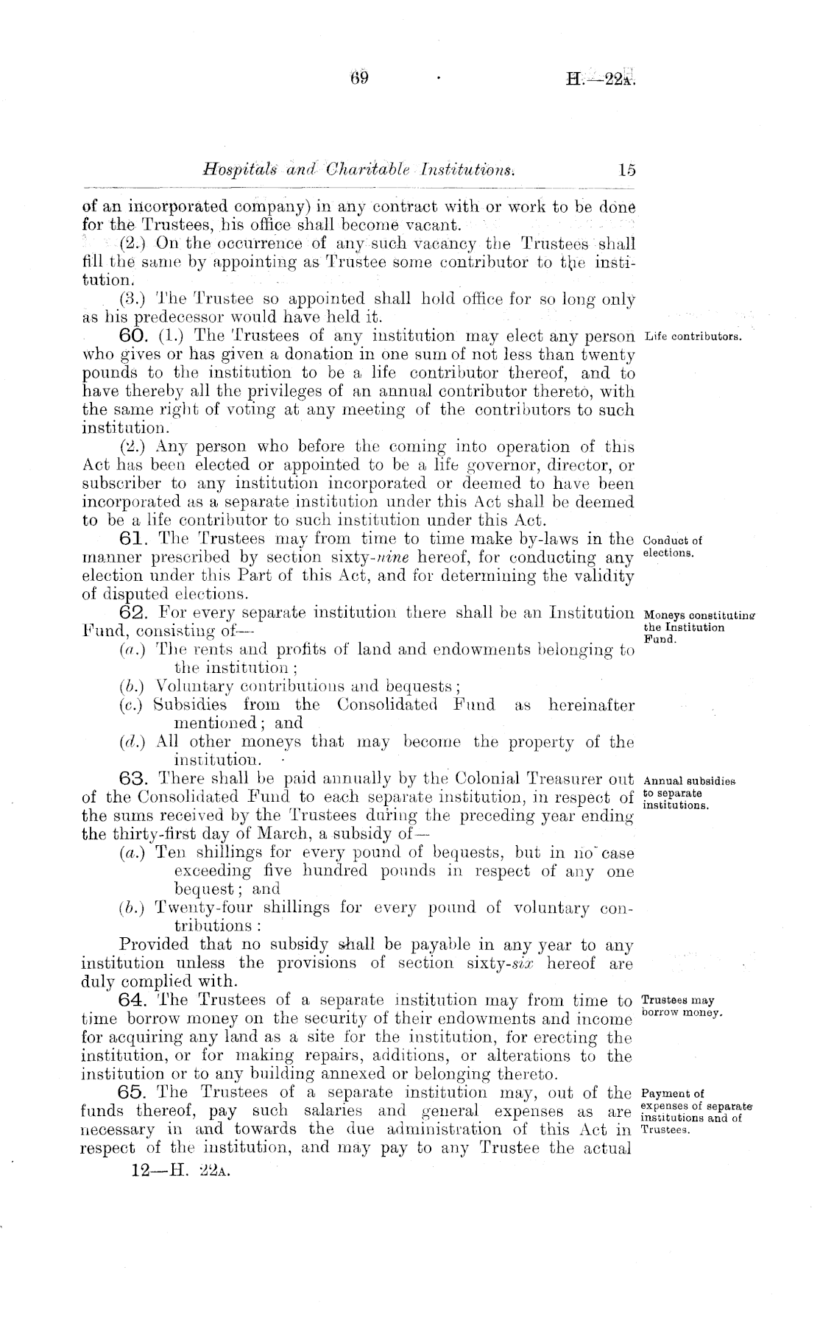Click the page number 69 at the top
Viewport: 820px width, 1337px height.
tap(359, 77)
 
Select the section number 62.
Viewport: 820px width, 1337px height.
tap(135, 613)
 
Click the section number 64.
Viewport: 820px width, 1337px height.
tap(135, 1001)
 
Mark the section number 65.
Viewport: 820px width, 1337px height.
tap(135, 1093)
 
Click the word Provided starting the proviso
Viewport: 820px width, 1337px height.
tap(152, 945)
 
